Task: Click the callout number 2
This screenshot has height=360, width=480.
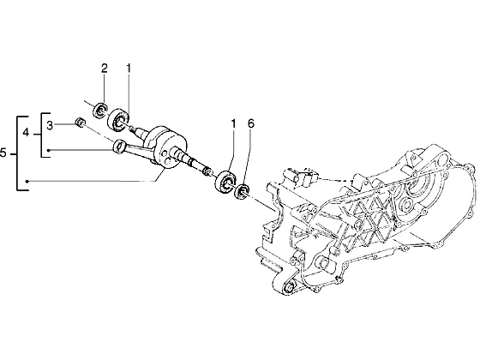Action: [x=105, y=69]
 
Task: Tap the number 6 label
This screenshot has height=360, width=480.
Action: [x=250, y=124]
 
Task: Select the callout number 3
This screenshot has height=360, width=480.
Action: [x=50, y=125]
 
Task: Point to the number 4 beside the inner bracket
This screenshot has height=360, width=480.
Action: [x=26, y=133]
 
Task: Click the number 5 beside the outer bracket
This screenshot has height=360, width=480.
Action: [x=3, y=153]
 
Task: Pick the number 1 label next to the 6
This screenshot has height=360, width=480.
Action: [x=233, y=124]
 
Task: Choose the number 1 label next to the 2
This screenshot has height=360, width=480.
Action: [x=129, y=69]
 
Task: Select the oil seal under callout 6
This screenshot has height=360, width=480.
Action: [x=242, y=192]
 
